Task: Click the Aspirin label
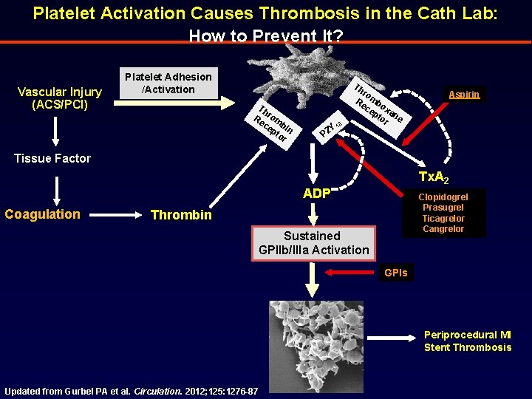coord(464,95)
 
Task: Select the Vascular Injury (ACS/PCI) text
coord(60,98)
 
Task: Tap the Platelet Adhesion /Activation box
coord(168,83)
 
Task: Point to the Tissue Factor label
coord(53,158)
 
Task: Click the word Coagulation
coord(42,214)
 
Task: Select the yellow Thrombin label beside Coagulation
coord(180,215)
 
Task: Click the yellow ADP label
coord(316,194)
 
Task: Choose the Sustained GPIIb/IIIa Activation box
coord(313,242)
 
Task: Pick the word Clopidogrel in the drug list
coord(443,197)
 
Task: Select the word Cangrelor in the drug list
coord(443,229)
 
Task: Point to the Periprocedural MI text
coord(467,335)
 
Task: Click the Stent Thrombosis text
coord(467,347)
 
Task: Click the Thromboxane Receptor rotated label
coord(376,107)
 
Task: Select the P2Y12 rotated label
coord(329,127)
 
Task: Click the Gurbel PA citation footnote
coord(131,391)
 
